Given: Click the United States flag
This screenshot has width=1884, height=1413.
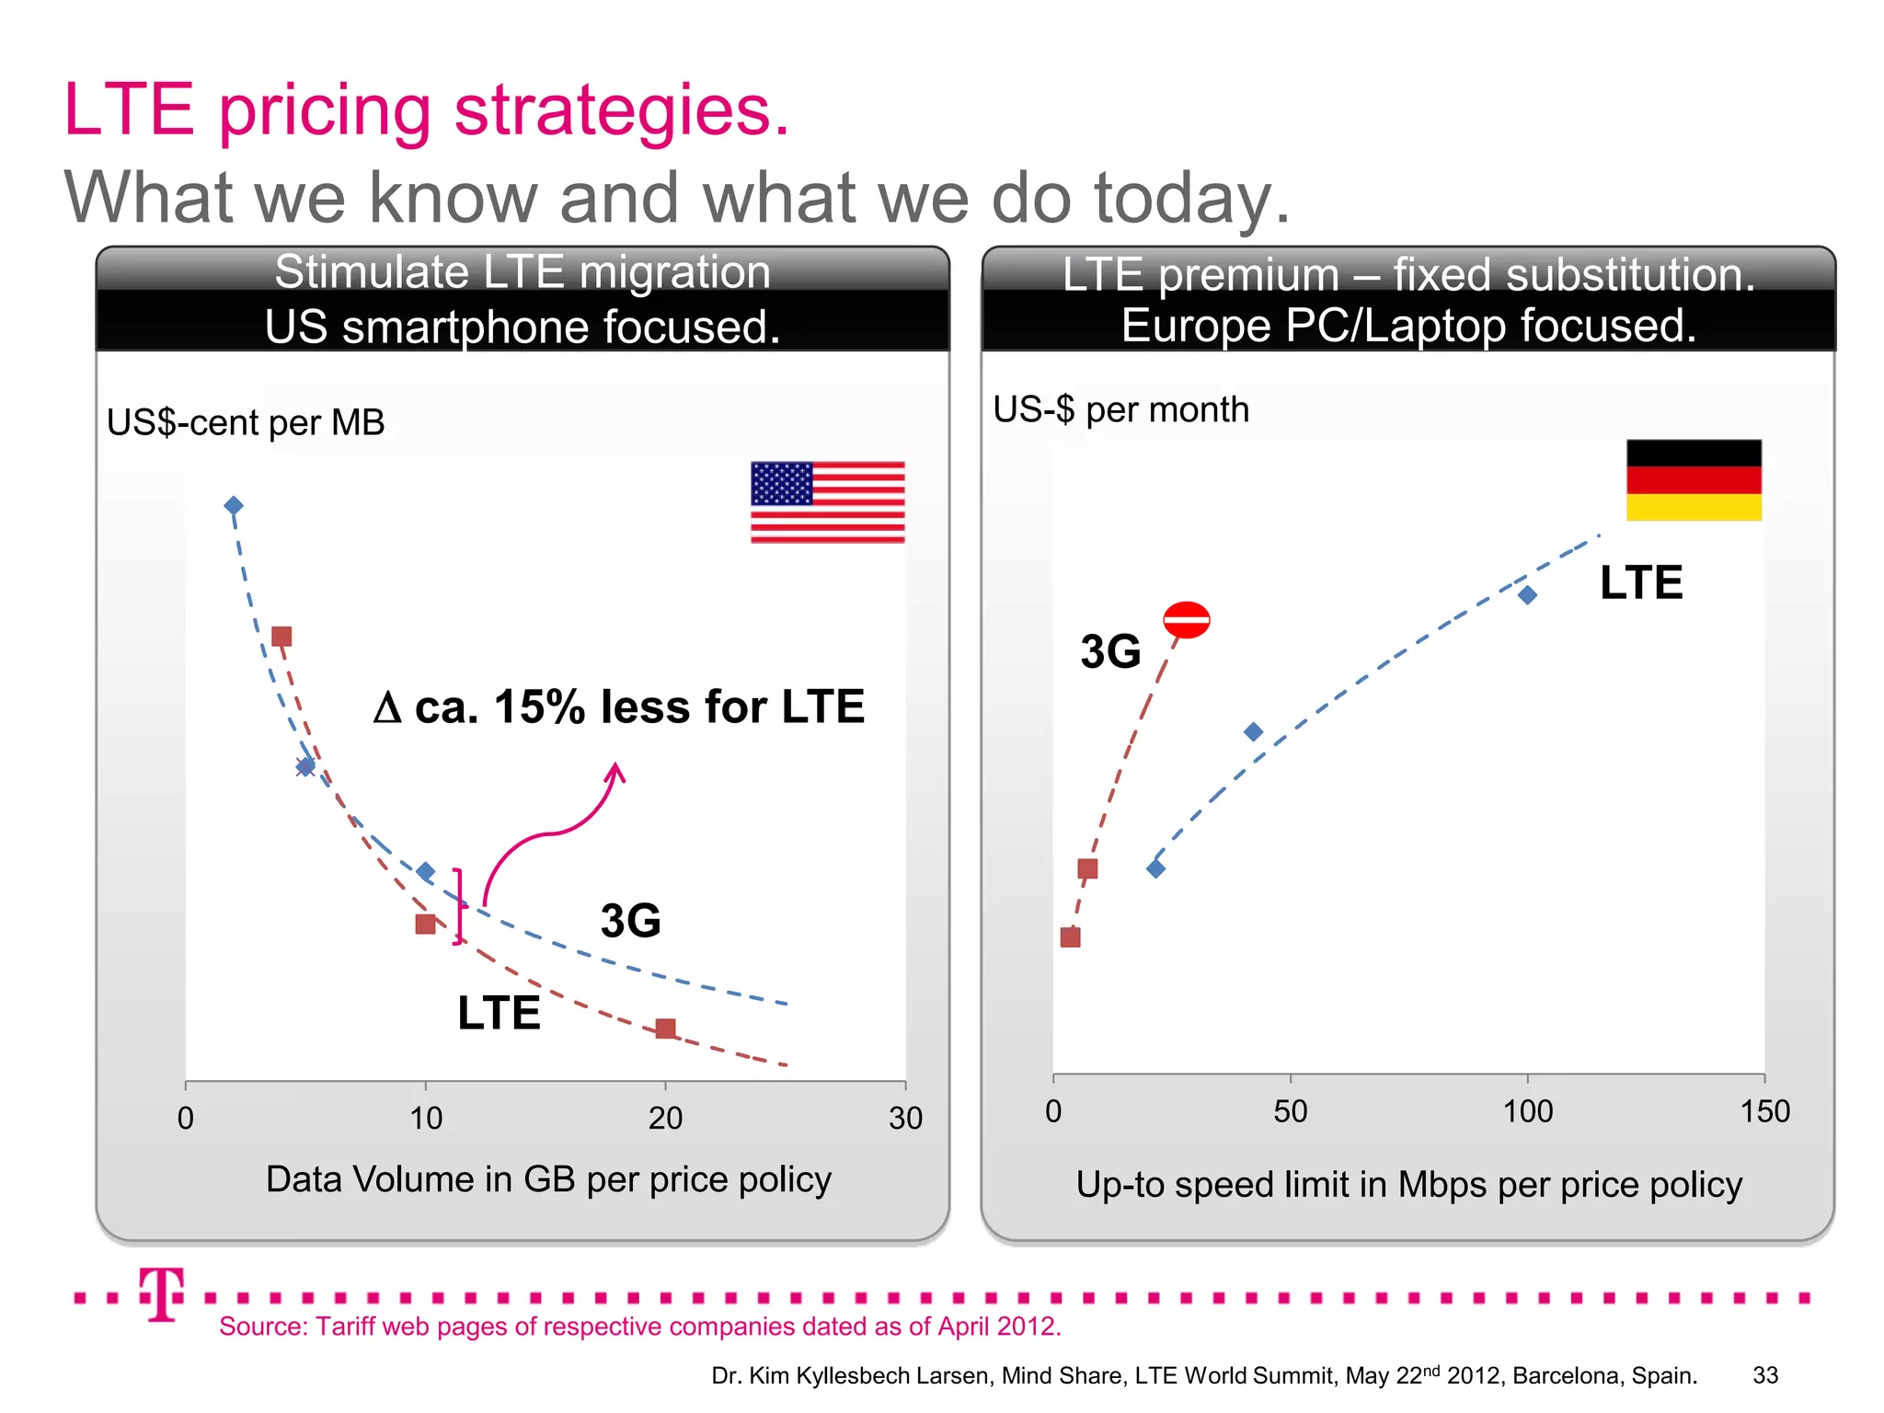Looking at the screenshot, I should tap(827, 502).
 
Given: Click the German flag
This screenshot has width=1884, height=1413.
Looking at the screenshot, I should tap(1694, 480).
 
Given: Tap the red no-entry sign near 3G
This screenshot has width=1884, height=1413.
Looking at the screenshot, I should tap(1186, 620).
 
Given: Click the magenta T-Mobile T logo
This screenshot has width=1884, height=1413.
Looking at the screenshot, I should tap(162, 1293).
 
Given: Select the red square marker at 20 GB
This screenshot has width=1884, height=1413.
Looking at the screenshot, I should tap(666, 1028).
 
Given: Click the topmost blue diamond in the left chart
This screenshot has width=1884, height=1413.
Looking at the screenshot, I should tap(234, 506).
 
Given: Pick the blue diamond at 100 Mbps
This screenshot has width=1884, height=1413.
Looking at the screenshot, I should tap(1527, 595).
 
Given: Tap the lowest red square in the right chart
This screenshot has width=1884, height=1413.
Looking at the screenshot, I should tap(1070, 937).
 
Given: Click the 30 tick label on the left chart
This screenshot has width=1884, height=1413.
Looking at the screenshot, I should tap(905, 1119).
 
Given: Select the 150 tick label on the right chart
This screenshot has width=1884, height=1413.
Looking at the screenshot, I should tap(1764, 1111).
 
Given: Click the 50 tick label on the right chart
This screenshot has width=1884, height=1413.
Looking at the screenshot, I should tap(1290, 1111).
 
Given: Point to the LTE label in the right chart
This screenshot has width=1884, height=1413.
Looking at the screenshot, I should tap(1640, 582).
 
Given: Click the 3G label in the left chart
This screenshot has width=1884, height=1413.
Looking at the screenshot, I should tap(630, 920).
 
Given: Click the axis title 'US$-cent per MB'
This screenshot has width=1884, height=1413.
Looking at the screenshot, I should tap(246, 422).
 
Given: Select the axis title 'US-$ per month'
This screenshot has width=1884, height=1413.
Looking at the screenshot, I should tap(1120, 409).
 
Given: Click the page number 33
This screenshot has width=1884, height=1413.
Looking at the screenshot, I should tap(1764, 1375).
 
